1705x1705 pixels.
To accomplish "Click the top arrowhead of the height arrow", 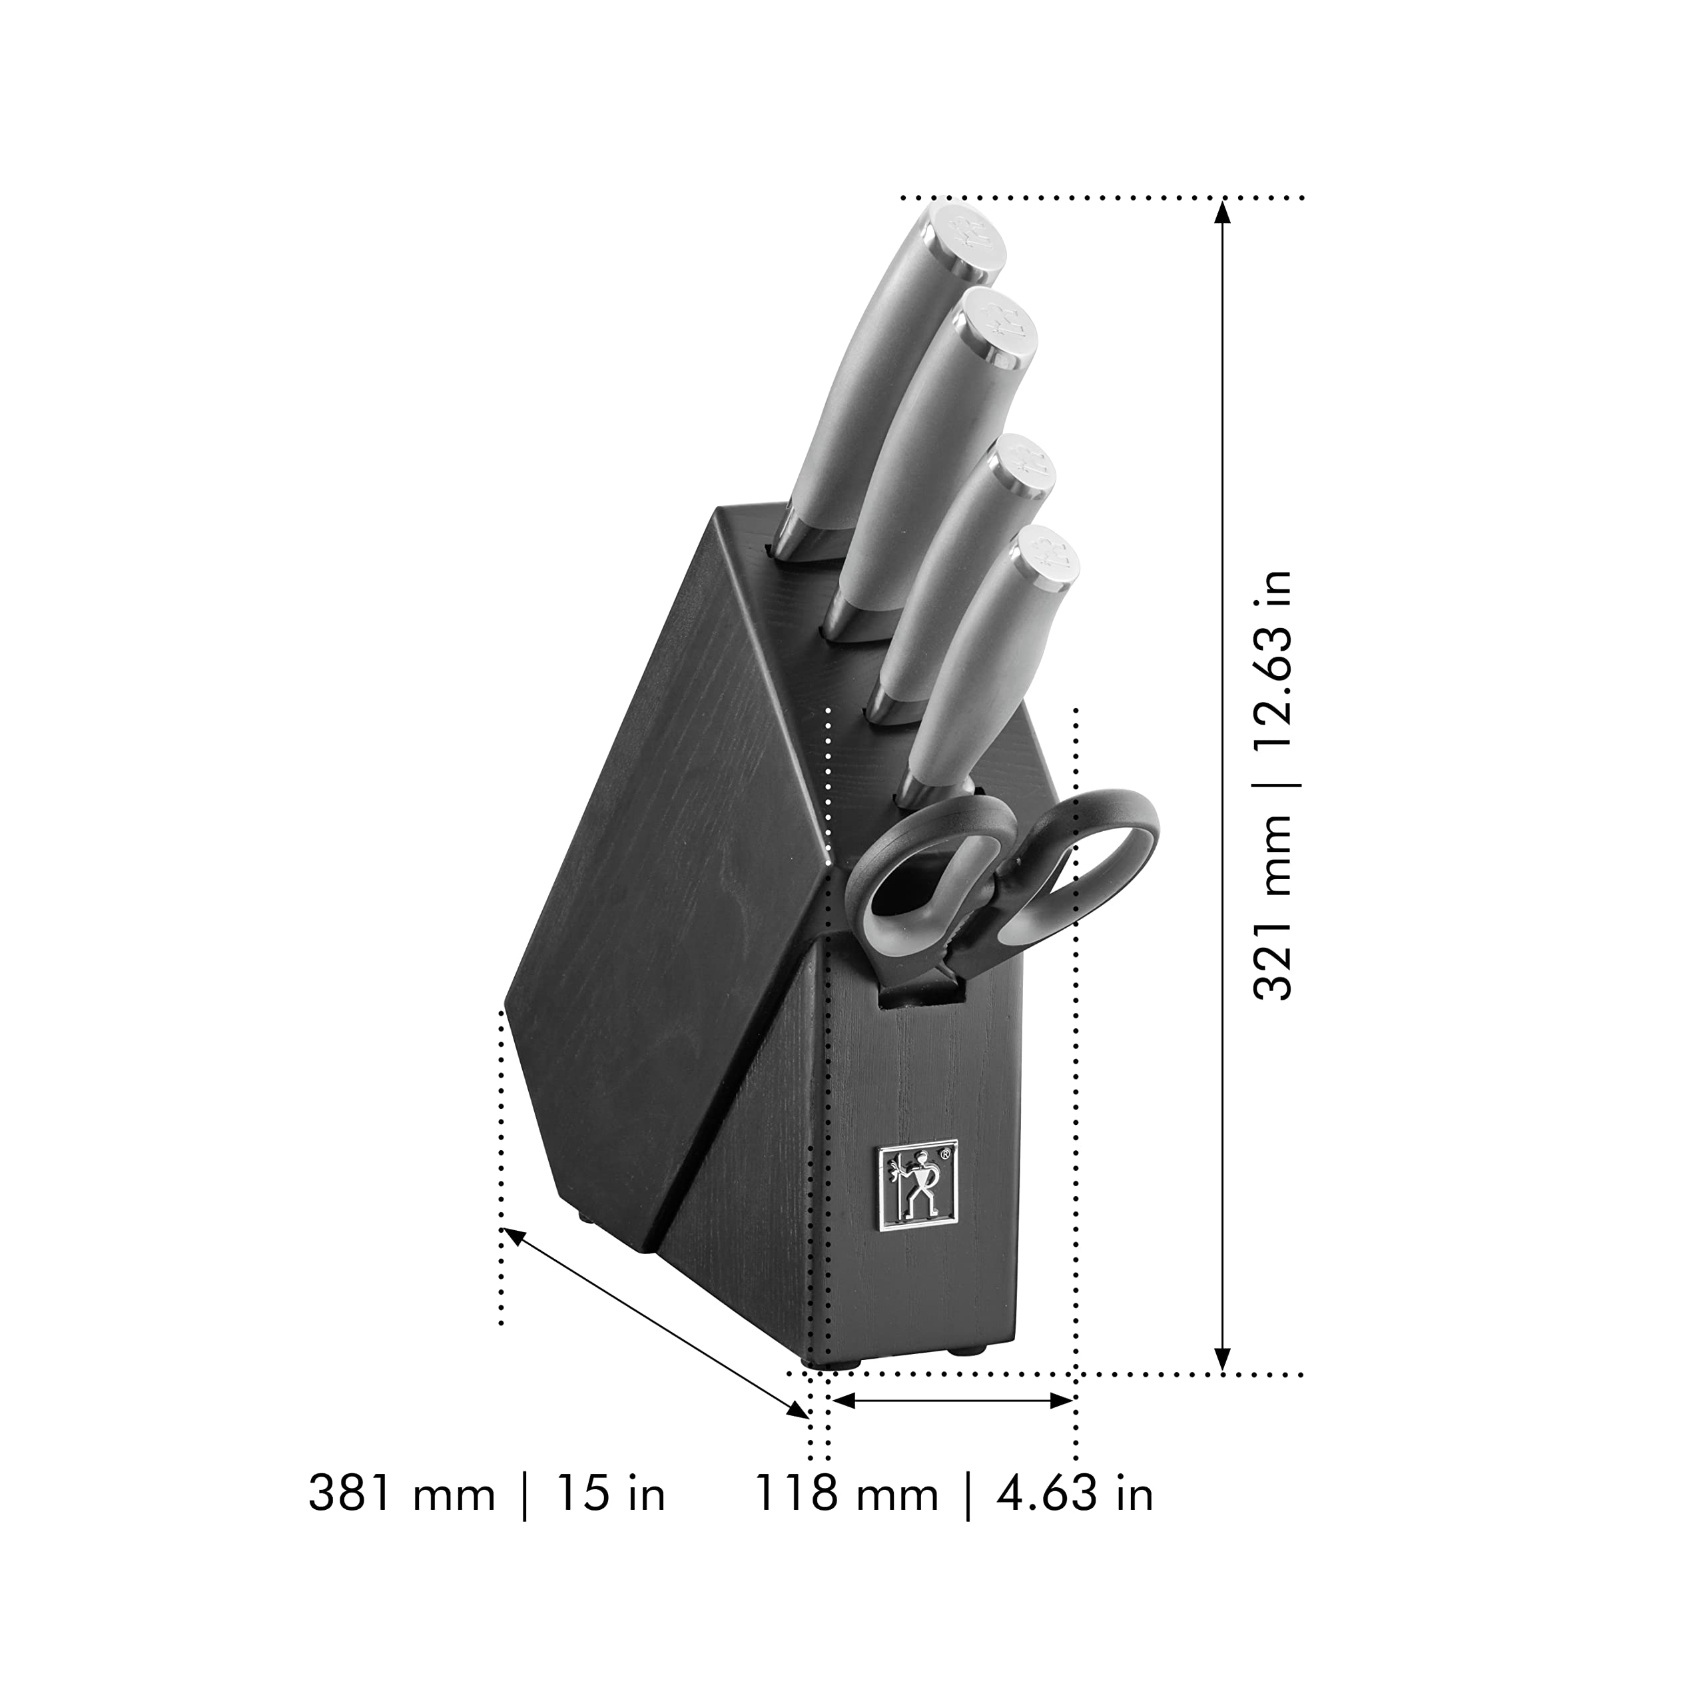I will tap(1221, 212).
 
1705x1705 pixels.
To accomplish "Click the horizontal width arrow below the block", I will tap(953, 1400).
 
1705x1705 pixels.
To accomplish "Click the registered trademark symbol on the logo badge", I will tap(945, 1154).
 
